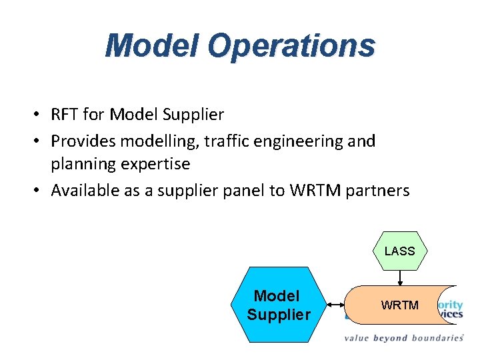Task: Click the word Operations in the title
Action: (x=291, y=45)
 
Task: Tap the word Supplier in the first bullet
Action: (x=193, y=115)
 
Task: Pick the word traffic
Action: (x=227, y=141)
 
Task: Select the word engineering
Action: (x=301, y=141)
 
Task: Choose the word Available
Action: (x=84, y=191)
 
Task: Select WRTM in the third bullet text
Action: (x=315, y=191)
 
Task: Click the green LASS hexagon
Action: (x=399, y=251)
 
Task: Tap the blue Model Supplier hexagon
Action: (x=279, y=305)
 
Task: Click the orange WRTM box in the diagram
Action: (x=399, y=305)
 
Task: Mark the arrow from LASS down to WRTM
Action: (x=399, y=277)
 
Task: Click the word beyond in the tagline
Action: (x=391, y=338)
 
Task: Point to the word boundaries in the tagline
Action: (x=436, y=338)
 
